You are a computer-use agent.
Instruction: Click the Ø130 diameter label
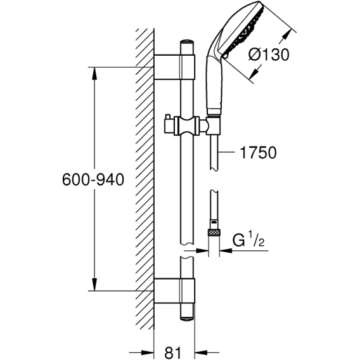point(269,55)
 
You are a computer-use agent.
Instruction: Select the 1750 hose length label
point(258,153)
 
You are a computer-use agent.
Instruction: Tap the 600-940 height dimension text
point(93,179)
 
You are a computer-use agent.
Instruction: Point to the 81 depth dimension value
point(173,352)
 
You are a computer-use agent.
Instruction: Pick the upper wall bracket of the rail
point(174,67)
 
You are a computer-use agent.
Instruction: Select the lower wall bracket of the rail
point(174,291)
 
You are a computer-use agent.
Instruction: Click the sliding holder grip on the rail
point(186,126)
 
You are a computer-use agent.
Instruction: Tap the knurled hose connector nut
point(214,233)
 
